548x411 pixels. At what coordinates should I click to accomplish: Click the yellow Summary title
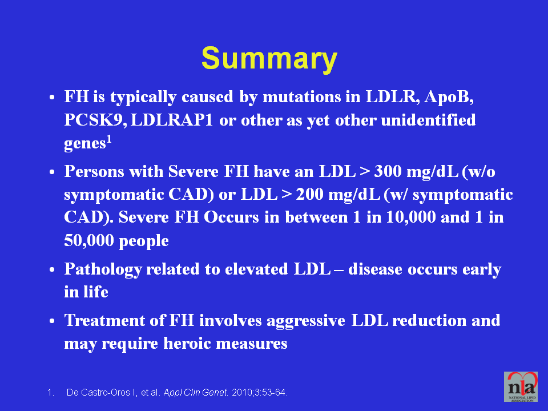click(269, 59)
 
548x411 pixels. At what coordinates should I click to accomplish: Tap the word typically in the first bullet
click(143, 97)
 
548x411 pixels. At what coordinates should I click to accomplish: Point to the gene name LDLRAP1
click(172, 120)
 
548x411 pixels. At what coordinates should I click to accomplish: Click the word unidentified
click(428, 120)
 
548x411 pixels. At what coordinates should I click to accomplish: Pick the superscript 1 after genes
click(109, 140)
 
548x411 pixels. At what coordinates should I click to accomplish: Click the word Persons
click(94, 171)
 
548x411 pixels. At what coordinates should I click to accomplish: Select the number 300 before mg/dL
click(388, 171)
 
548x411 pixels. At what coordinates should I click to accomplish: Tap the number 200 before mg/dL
click(309, 194)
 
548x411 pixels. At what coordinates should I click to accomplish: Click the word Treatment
click(104, 320)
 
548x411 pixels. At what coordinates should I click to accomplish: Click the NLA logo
click(521, 386)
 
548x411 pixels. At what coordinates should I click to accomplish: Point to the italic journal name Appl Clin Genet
click(196, 393)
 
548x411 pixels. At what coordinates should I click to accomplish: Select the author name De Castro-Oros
click(98, 393)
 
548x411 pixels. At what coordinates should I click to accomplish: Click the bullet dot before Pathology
click(52, 270)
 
